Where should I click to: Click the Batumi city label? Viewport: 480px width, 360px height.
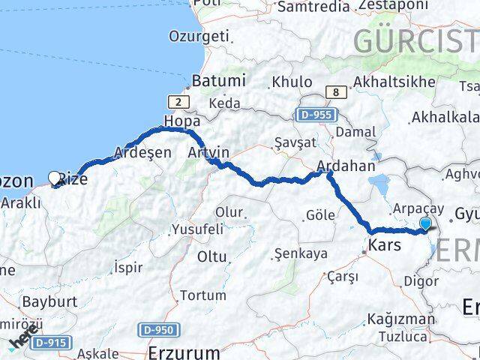(x=218, y=80)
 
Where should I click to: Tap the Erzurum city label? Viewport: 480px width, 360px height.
(x=184, y=352)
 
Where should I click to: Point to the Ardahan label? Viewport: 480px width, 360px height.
(x=346, y=166)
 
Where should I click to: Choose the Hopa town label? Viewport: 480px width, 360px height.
(x=181, y=120)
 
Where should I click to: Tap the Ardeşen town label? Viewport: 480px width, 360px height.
(x=142, y=151)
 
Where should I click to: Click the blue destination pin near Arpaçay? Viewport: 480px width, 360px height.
(x=426, y=223)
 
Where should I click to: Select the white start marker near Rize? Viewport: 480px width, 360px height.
(x=55, y=178)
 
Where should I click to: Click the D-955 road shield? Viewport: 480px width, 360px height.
(x=316, y=115)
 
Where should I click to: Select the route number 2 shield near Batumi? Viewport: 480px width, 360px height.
(x=178, y=100)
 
